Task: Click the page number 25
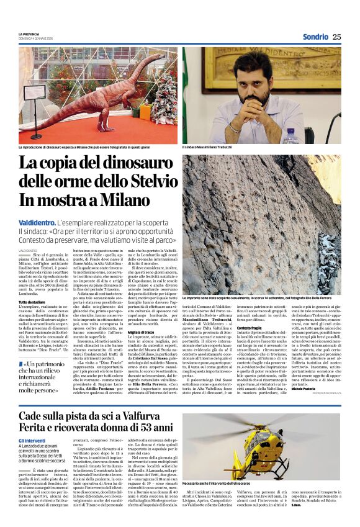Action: (x=336, y=37)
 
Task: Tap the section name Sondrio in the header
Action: (x=315, y=37)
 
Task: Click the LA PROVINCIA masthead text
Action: (x=29, y=34)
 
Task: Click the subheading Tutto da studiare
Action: (x=32, y=302)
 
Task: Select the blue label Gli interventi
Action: (x=32, y=441)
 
